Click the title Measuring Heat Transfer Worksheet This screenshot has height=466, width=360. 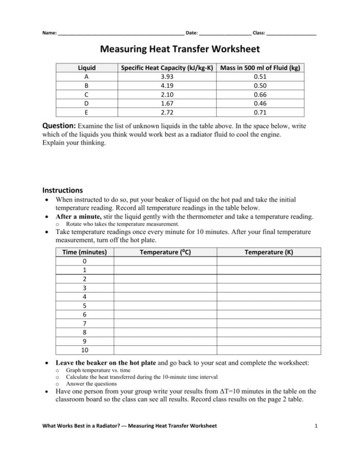pos(180,49)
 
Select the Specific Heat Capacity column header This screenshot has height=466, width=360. pos(167,68)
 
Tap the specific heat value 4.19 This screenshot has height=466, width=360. pos(167,86)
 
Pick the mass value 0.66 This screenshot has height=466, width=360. pos(260,95)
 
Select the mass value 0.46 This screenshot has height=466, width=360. pos(260,104)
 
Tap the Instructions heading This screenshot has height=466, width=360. pos(62,190)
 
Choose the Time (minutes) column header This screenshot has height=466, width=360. pos(85,252)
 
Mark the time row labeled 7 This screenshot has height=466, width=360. pos(85,323)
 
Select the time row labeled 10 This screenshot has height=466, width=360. pos(85,350)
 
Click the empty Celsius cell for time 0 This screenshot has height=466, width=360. pos(165,261)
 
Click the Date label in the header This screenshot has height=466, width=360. pos(192,33)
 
